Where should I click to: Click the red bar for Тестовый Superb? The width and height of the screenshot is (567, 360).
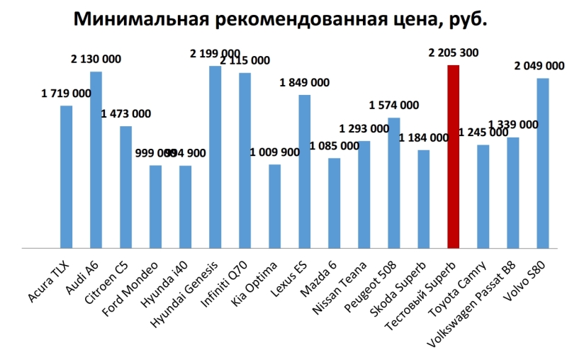tap(453, 156)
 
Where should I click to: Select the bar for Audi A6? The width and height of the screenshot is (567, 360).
tap(96, 159)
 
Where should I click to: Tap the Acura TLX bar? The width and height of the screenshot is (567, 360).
tap(66, 177)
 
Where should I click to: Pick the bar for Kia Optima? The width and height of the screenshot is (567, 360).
tap(274, 206)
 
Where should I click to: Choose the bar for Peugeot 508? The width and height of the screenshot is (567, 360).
tap(393, 183)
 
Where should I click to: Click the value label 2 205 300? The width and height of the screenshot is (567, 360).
tap(454, 52)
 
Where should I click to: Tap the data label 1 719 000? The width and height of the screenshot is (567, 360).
tap(66, 93)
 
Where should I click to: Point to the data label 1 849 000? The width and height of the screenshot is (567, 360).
tap(304, 82)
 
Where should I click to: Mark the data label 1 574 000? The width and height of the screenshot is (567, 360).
tap(394, 106)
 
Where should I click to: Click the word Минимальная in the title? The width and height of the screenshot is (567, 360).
tap(138, 19)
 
